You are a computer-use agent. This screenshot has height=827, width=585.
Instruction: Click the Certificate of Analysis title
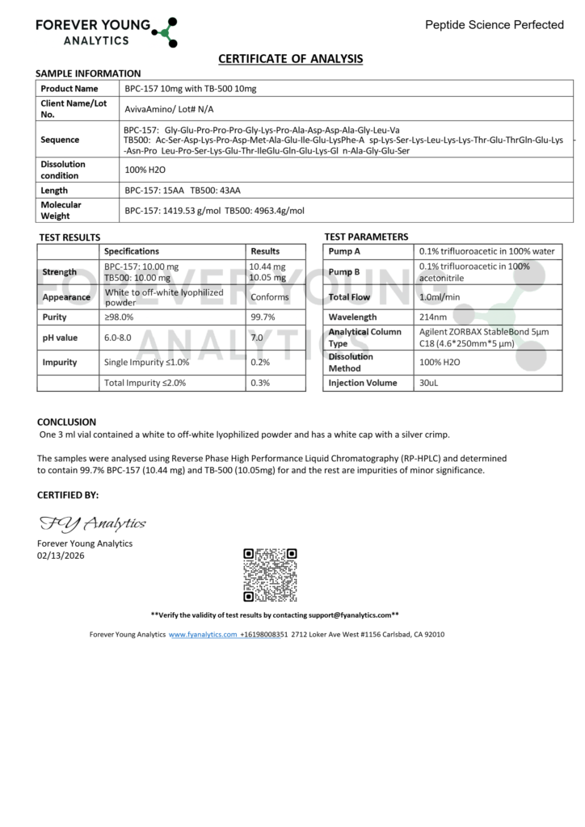[291, 58]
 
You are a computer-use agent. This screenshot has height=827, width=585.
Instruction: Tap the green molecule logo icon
[166, 31]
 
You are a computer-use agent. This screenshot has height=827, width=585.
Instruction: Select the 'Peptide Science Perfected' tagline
[495, 25]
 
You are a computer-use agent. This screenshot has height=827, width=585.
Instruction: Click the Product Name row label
[69, 88]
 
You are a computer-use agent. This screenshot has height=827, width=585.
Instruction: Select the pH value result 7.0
[257, 338]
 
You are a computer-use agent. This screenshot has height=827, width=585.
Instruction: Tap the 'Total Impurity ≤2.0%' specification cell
[145, 383]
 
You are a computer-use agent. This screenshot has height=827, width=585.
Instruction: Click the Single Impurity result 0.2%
[259, 363]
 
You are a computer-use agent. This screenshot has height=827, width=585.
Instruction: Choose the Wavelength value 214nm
[433, 317]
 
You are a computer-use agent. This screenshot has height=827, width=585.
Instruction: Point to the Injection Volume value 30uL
[429, 383]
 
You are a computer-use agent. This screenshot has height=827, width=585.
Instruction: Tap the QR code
[270, 574]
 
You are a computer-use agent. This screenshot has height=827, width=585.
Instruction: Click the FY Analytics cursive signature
[92, 523]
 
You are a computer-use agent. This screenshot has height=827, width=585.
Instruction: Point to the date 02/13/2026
[60, 555]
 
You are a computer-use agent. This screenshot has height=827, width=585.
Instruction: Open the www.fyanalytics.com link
[202, 635]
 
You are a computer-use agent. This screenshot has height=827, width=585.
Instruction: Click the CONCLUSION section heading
[66, 422]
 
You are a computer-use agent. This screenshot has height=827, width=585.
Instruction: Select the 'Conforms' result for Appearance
[269, 297]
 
